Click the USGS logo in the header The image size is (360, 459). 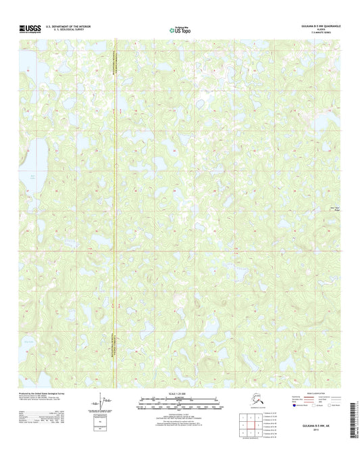click(30, 28)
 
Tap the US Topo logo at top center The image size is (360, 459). click(180, 28)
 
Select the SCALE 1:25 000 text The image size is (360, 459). click(180, 393)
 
